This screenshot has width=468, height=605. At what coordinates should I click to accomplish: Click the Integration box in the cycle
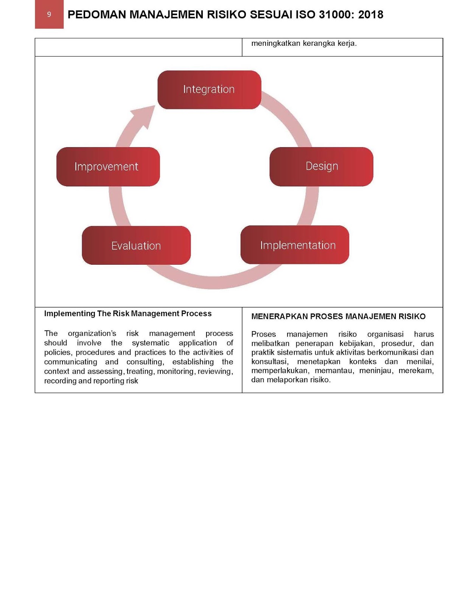209,90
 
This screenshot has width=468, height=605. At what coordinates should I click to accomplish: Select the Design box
321,166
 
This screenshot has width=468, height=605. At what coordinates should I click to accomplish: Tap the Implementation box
295,245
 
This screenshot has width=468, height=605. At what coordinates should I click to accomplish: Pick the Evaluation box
136,245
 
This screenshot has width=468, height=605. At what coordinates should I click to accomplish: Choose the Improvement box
108,167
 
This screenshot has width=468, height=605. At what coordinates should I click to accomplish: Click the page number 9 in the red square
49,14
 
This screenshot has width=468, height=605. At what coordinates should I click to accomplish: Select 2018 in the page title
371,15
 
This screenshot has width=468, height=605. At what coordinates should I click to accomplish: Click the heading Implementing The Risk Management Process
128,313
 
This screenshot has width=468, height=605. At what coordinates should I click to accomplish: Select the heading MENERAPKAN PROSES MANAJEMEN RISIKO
338,316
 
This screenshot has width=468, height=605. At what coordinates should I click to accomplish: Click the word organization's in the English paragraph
92,334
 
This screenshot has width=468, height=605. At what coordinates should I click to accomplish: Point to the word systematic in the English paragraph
151,343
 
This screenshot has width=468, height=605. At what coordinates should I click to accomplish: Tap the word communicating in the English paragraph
70,362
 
